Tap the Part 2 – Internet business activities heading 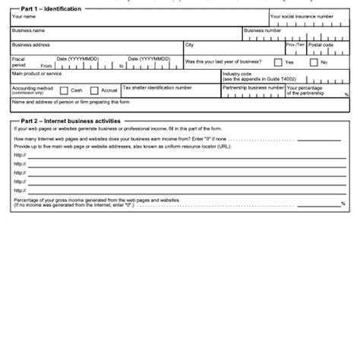69,121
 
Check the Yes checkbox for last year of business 278,62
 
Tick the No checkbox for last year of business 313,62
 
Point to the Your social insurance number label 301,16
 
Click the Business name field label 28,30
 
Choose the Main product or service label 37,74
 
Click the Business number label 262,30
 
